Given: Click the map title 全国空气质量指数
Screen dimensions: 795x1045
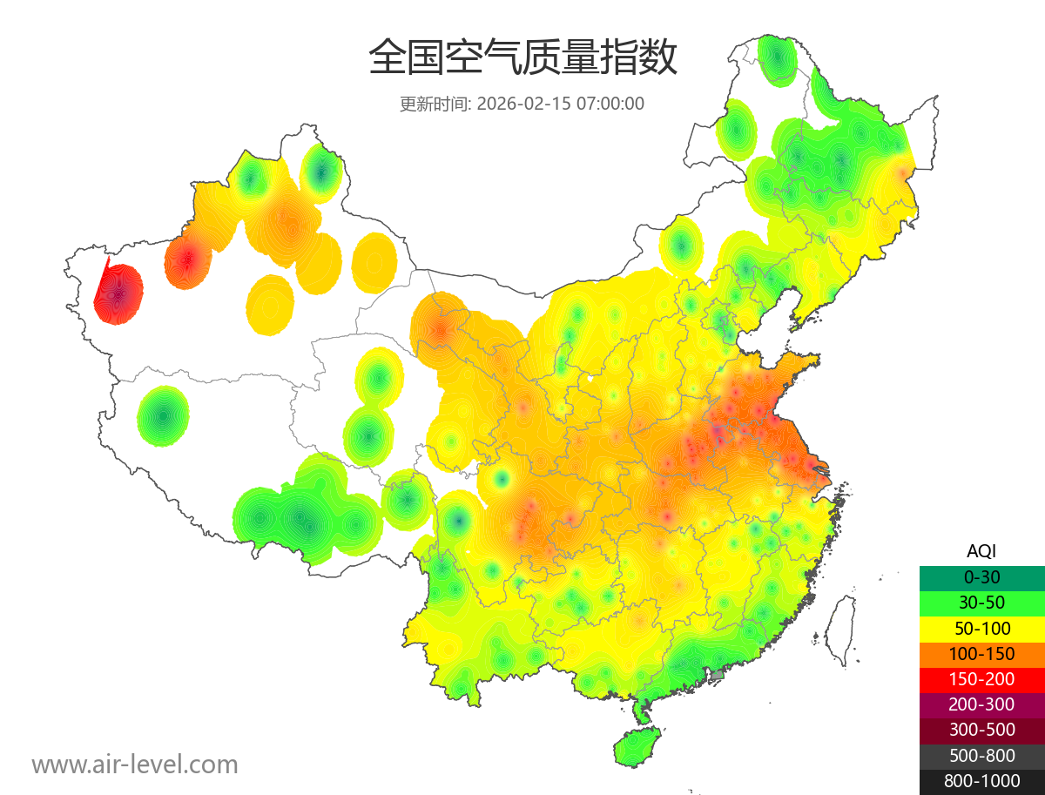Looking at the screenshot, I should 522,58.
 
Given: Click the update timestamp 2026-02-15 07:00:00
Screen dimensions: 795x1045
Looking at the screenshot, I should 561,104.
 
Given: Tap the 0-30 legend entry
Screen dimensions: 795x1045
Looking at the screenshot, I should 981,577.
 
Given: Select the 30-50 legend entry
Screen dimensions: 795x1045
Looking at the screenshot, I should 981,603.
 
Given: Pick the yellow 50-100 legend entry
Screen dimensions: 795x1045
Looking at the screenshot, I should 981,628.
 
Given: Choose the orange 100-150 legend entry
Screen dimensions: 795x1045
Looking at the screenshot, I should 981,654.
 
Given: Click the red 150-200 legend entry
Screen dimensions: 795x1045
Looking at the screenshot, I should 981,679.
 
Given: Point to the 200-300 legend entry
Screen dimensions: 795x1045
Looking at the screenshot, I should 981,704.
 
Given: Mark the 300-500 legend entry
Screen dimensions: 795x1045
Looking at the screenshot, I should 981,731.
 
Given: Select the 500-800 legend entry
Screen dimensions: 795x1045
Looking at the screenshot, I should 981,756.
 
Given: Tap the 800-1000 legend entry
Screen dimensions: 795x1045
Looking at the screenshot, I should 981,781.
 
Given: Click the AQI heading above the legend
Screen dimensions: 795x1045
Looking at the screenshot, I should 981,550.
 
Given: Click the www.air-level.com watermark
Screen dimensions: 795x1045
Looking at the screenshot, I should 135,765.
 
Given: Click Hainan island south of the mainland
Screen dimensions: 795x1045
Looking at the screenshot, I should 637,746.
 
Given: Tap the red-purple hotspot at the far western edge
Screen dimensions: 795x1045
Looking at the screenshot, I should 120,292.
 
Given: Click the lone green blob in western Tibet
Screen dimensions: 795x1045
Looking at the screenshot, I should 163,416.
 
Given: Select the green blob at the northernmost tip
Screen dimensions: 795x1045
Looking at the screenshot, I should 775,58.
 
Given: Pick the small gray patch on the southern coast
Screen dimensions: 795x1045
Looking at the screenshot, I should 718,675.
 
